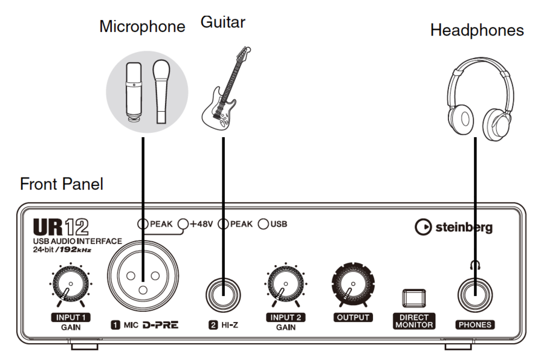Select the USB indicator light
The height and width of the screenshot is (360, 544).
[263, 224]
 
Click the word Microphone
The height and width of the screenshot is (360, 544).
[143, 27]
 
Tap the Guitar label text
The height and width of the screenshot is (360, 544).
[223, 23]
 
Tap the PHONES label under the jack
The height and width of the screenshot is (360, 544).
[474, 325]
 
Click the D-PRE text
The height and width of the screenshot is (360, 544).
[160, 325]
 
